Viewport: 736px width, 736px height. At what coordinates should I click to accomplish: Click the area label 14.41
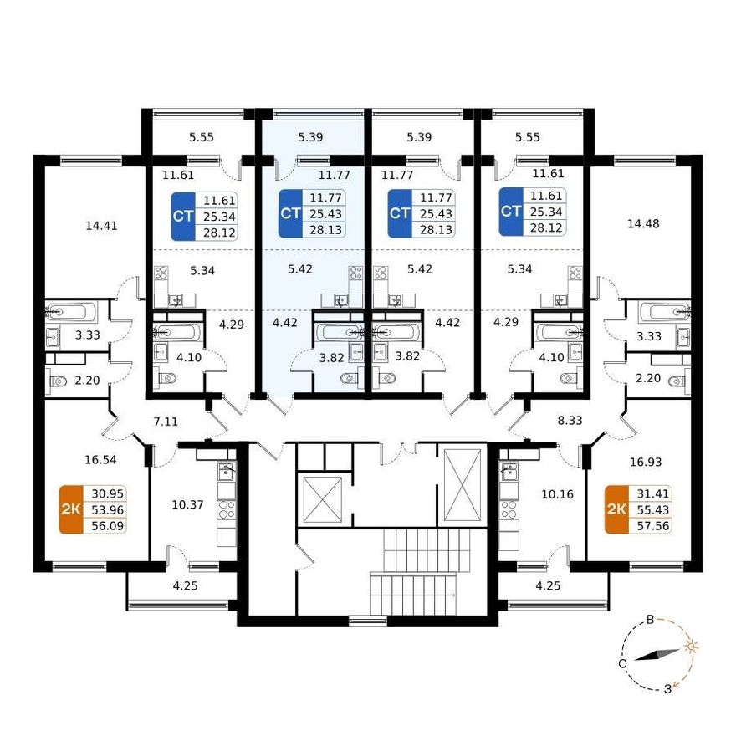pyautogui.click(x=101, y=226)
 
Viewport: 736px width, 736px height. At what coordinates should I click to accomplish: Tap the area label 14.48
pyautogui.click(x=643, y=224)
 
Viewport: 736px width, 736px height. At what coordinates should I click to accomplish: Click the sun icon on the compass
pyautogui.click(x=691, y=647)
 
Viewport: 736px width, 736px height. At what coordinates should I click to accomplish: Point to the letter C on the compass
pyautogui.click(x=622, y=664)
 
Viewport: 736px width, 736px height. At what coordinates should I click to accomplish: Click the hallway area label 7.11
pyautogui.click(x=166, y=422)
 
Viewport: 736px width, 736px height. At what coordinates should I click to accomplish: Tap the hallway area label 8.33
pyautogui.click(x=570, y=420)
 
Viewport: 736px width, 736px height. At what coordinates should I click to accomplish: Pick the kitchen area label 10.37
pyautogui.click(x=187, y=504)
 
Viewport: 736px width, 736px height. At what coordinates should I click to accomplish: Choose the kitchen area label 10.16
pyautogui.click(x=558, y=494)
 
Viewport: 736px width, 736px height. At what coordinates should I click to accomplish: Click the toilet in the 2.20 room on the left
pyautogui.click(x=59, y=381)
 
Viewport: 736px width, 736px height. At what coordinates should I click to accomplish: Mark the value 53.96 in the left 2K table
pyautogui.click(x=108, y=509)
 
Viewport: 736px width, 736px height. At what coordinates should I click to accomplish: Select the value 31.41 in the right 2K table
pyautogui.click(x=653, y=493)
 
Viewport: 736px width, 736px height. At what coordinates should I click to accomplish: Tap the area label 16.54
pyautogui.click(x=100, y=459)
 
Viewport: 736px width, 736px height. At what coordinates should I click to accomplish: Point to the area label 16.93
pyautogui.click(x=646, y=462)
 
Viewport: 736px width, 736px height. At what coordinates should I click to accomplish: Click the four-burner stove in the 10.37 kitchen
pyautogui.click(x=227, y=509)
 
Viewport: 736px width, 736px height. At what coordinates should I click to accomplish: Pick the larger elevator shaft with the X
pyautogui.click(x=463, y=485)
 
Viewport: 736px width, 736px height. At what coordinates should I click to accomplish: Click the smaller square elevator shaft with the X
pyautogui.click(x=323, y=499)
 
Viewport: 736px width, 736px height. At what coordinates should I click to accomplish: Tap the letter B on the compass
pyautogui.click(x=650, y=620)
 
